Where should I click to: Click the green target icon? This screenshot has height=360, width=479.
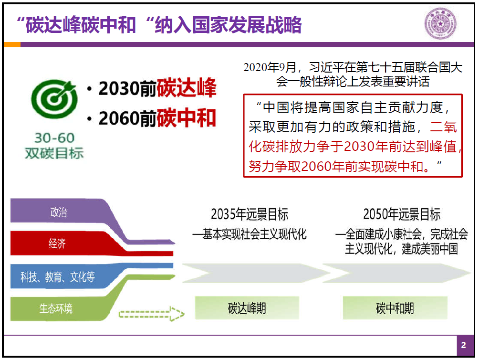tap(54, 99)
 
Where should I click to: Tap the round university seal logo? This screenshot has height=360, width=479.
tap(440, 24)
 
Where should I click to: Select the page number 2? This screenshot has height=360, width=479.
tap(463, 345)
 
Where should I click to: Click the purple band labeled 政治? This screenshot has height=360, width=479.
tap(58, 212)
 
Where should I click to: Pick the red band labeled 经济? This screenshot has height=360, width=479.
tap(57, 243)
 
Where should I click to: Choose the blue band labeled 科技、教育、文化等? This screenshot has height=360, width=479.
tap(57, 276)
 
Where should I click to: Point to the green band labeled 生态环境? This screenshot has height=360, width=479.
tap(56, 308)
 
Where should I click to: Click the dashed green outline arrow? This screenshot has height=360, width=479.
tap(152, 314)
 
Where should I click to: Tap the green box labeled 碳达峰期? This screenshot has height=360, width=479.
tap(247, 308)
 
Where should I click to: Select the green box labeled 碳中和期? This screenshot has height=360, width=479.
tap(395, 308)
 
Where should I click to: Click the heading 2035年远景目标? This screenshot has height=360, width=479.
tap(249, 214)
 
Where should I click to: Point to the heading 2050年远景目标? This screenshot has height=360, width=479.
tap(402, 214)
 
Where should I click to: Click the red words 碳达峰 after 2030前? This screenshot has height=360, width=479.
tap(187, 88)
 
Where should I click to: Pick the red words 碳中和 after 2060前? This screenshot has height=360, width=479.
tap(187, 118)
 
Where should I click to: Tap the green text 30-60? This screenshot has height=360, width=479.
tap(54, 138)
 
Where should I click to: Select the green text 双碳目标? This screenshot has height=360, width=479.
tap(54, 153)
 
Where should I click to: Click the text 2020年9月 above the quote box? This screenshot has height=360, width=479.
tap(270, 67)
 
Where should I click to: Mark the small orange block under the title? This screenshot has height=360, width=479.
tap(12, 44)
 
